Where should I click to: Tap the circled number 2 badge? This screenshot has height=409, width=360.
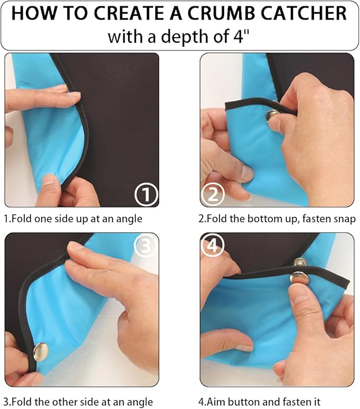point(213,195)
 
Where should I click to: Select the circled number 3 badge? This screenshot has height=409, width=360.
point(146,245)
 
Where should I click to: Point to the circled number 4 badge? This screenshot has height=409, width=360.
point(213,245)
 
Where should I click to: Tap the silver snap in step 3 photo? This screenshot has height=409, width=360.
point(40,351)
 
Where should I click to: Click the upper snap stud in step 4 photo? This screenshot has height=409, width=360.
point(301,263)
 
